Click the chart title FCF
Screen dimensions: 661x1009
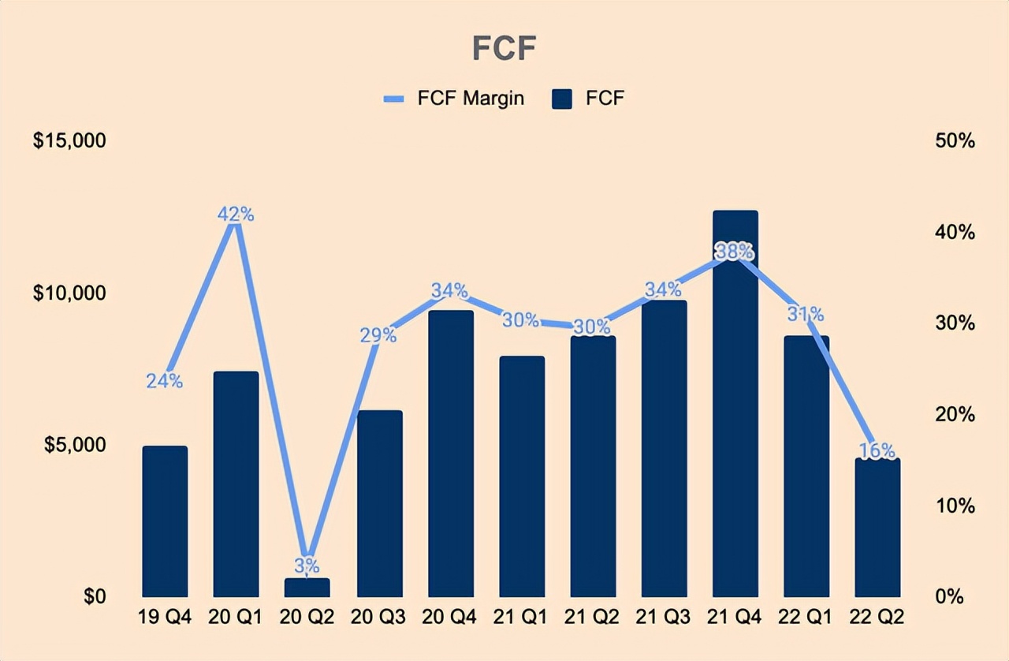[x=504, y=49]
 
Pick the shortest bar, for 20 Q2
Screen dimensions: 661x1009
[x=307, y=588]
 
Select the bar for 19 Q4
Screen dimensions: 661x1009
[x=165, y=521]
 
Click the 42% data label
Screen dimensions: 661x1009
[x=236, y=214]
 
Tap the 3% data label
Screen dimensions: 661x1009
[x=307, y=565]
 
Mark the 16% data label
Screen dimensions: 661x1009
[x=877, y=450]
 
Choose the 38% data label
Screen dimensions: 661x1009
[x=735, y=251]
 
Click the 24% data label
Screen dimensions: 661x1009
[x=165, y=381]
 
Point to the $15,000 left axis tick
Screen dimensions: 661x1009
[x=69, y=141]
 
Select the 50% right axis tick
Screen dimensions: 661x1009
[x=955, y=141]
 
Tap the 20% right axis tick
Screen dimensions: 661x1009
[x=955, y=414]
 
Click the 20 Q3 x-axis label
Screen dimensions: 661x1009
[x=379, y=617]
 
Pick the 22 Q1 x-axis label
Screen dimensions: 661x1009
[x=806, y=617]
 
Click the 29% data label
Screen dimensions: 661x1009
[x=379, y=334]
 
